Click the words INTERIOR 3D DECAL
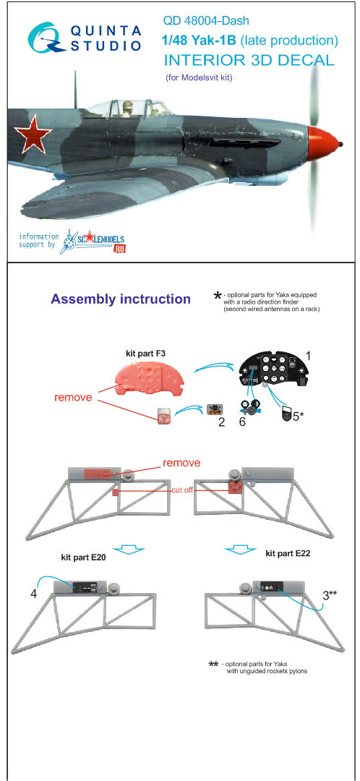coord(249,60)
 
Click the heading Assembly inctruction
coord(121,299)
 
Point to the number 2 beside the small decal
coord(221,423)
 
